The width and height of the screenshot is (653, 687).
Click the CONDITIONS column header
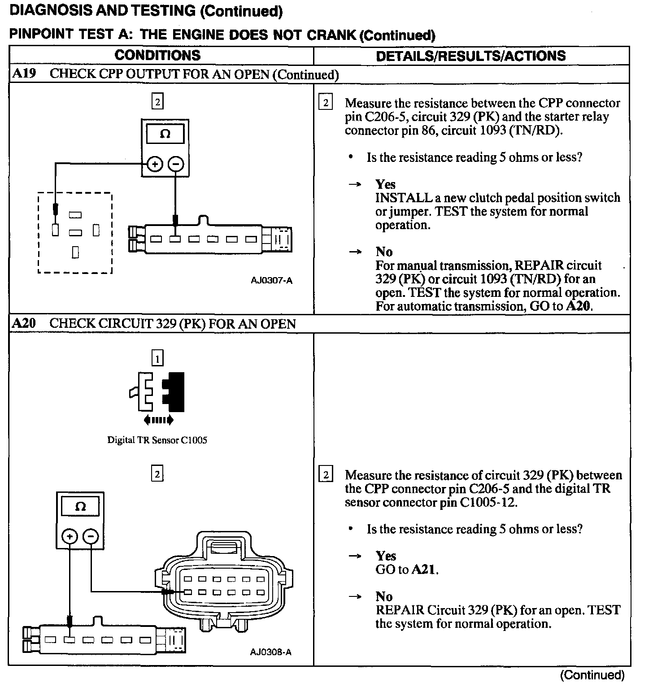tap(157, 55)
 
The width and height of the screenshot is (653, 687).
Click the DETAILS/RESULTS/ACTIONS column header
tap(470, 56)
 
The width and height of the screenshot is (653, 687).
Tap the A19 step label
tap(24, 74)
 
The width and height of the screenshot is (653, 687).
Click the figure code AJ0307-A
tap(271, 281)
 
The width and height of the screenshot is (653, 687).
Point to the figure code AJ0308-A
tap(271, 652)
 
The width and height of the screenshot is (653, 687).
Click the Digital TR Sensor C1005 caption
tap(157, 440)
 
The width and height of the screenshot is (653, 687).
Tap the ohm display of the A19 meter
tap(165, 134)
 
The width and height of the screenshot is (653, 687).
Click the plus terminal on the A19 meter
tap(155, 165)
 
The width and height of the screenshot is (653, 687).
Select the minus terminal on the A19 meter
tap(176, 165)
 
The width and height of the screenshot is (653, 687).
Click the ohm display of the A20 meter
tap(80, 507)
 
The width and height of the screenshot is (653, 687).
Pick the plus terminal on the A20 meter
tap(70, 536)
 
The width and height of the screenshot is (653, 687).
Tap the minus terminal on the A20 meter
tap(91, 536)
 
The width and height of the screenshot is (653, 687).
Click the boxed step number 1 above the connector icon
tap(157, 358)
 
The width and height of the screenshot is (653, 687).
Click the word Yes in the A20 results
tap(386, 556)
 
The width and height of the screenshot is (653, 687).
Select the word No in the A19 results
tap(384, 252)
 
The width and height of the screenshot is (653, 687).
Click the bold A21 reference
tap(424, 570)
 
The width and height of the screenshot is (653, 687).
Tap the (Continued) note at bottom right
tap(592, 675)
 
